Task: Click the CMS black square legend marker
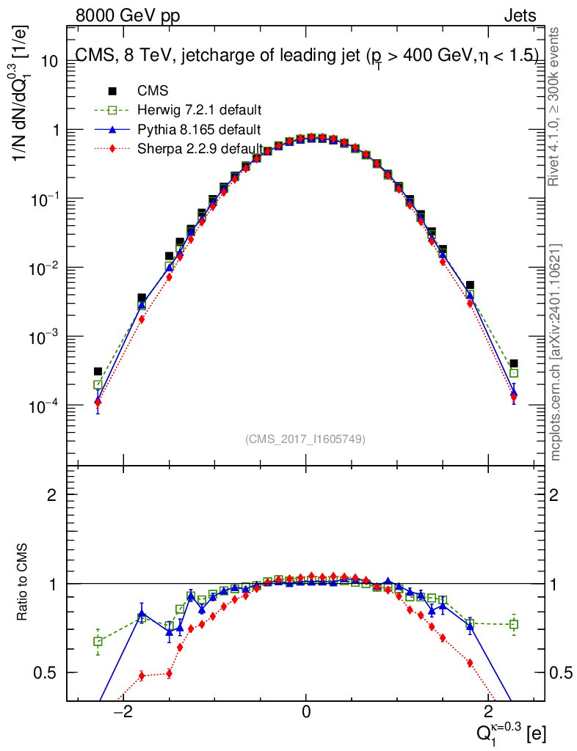click(x=112, y=91)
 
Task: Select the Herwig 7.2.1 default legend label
click(x=200, y=111)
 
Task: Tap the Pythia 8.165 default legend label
click(x=199, y=130)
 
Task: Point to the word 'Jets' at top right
click(x=519, y=15)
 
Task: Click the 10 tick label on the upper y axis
click(x=49, y=62)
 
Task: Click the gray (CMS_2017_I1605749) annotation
click(x=305, y=439)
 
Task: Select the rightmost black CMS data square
click(x=514, y=363)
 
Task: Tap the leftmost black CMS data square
click(x=98, y=371)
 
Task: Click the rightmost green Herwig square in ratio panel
click(x=514, y=624)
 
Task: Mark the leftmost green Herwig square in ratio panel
click(x=98, y=641)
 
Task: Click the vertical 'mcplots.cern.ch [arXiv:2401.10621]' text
click(x=556, y=351)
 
